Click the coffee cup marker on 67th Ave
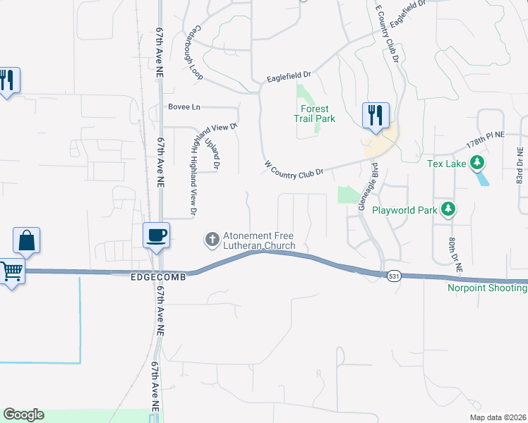pyautogui.click(x=156, y=235)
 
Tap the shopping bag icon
pyautogui.click(x=27, y=240)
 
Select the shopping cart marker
pyautogui.click(x=11, y=269)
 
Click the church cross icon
pyautogui.click(x=210, y=240)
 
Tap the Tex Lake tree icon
pyautogui.click(x=478, y=164)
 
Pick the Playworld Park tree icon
pyautogui.click(x=448, y=209)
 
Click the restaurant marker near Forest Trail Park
pyautogui.click(x=376, y=114)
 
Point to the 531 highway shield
pyautogui.click(x=394, y=276)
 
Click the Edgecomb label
pyautogui.click(x=158, y=278)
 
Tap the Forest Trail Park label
pyautogui.click(x=314, y=114)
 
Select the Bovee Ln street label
pyautogui.click(x=184, y=107)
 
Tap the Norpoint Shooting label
pyautogui.click(x=487, y=288)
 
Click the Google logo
pyautogui.click(x=23, y=415)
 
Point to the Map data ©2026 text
pyautogui.click(x=497, y=417)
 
